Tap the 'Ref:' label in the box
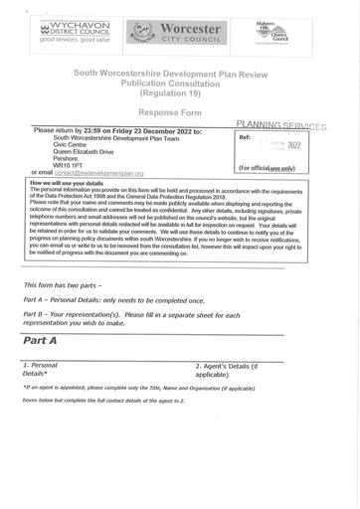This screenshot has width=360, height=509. point(247,139)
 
